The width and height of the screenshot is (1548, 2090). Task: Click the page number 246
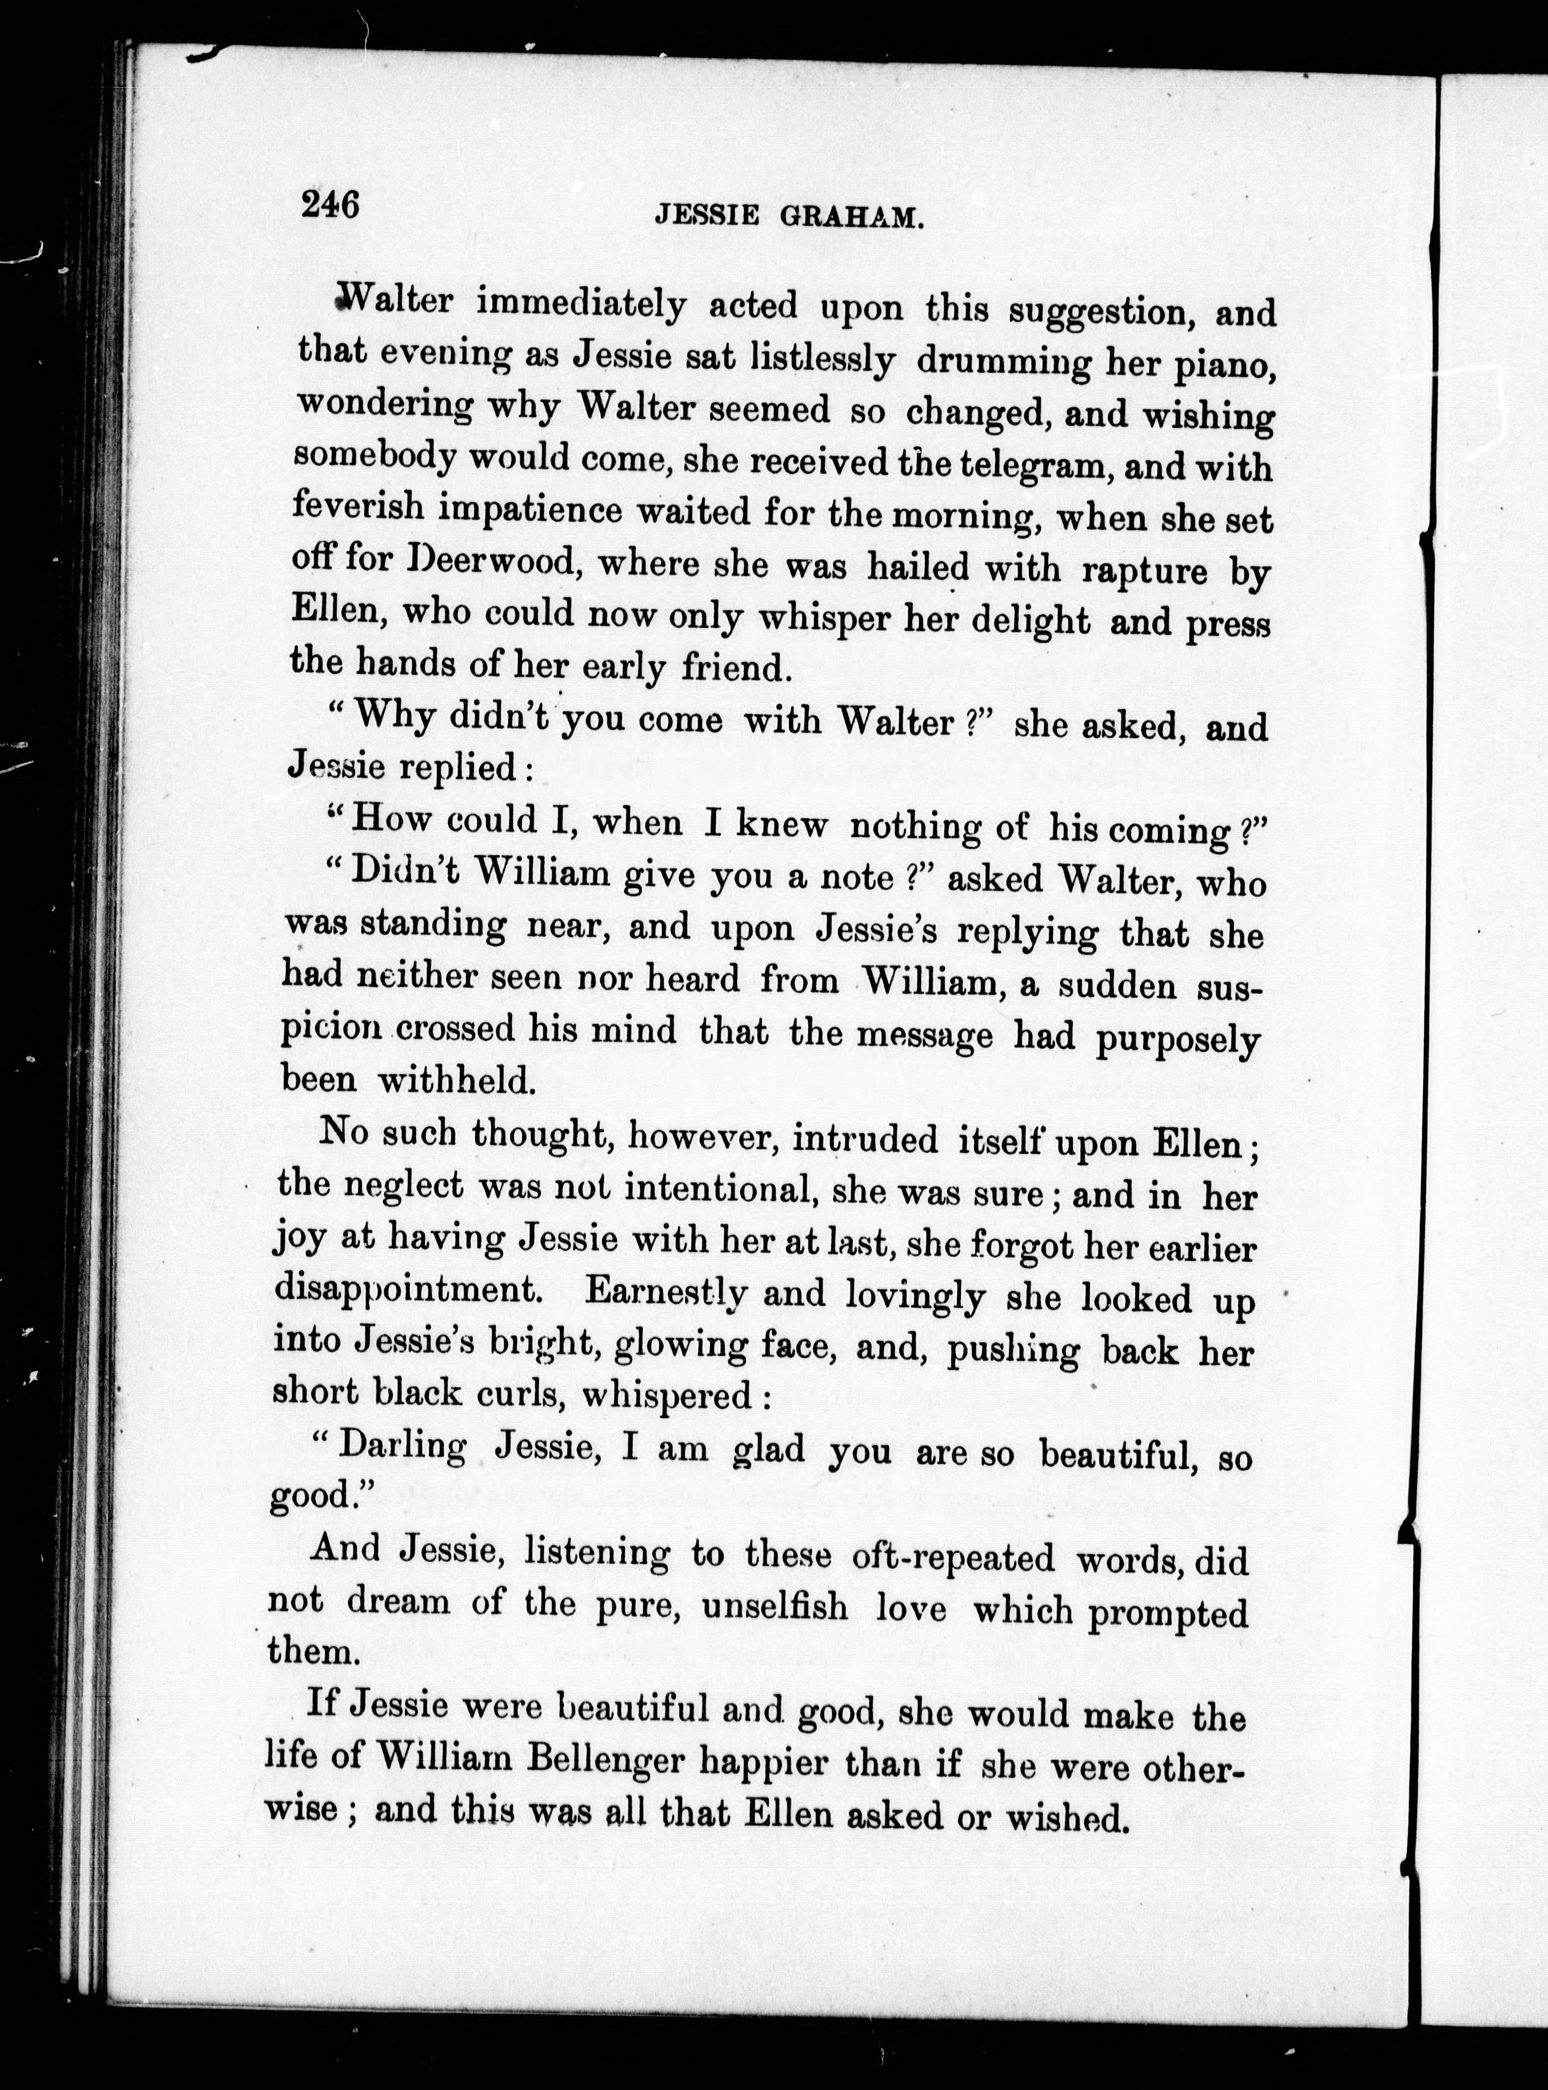click(330, 204)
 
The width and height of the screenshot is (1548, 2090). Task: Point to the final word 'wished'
click(1065, 1817)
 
